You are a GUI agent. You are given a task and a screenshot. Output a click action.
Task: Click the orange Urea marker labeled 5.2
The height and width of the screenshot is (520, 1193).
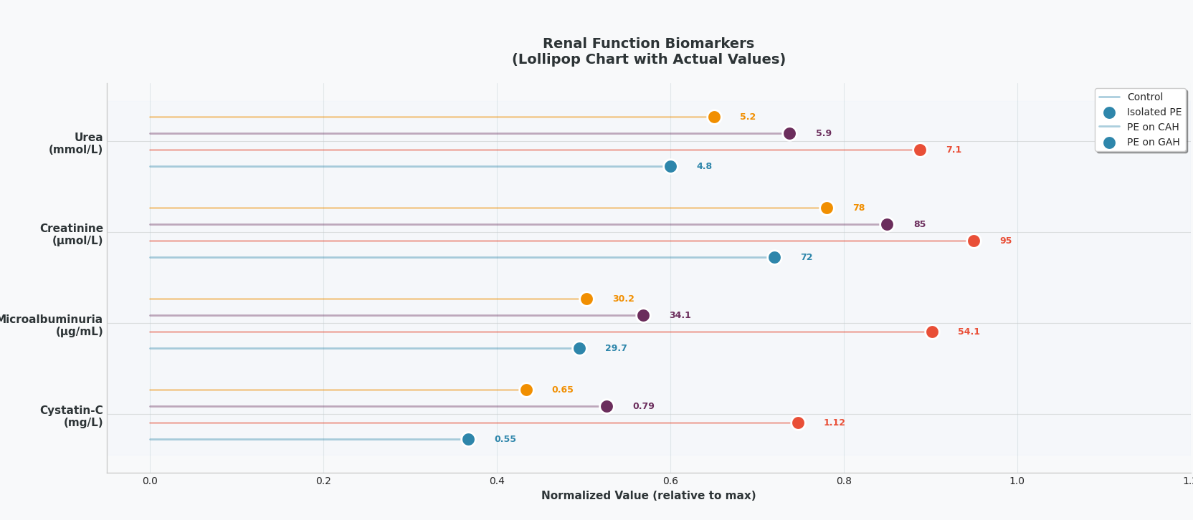(714, 117)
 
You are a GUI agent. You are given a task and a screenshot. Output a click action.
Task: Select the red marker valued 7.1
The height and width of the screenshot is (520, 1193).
(920, 150)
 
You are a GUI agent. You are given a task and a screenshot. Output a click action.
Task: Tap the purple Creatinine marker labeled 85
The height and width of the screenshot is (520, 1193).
(887, 225)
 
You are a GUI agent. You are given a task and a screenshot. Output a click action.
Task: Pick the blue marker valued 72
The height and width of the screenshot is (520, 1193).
(774, 258)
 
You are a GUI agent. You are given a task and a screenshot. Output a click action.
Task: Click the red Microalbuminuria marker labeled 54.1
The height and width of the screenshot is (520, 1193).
(932, 332)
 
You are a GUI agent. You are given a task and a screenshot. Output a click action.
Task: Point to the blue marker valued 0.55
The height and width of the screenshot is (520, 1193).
(468, 440)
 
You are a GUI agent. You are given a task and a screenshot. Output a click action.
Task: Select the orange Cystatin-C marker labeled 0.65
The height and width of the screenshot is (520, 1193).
(526, 390)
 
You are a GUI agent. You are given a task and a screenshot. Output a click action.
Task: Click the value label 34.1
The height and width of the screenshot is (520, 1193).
(680, 315)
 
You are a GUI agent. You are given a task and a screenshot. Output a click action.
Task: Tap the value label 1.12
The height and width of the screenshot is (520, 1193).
(834, 423)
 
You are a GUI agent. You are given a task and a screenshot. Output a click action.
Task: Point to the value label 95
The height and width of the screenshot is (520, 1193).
(1006, 241)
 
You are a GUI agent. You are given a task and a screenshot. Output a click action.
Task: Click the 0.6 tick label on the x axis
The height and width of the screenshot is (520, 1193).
(670, 481)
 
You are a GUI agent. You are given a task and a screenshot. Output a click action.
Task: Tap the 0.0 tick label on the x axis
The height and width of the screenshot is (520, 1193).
(150, 481)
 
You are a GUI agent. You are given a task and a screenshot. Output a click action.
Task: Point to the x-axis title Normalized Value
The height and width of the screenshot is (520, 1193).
(648, 496)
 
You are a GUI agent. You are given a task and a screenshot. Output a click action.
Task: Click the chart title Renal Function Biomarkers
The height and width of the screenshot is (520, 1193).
(648, 44)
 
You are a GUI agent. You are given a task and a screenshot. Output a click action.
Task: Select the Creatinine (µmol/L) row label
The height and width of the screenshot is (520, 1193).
(72, 234)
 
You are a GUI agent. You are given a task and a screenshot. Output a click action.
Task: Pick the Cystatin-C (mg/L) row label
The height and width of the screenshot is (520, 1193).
(72, 416)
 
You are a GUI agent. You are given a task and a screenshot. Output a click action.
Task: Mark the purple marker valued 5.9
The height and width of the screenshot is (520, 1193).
(789, 134)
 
